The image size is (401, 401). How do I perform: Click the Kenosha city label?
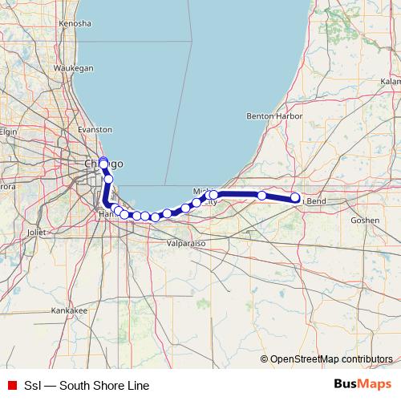(75, 24)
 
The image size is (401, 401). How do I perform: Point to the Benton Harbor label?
(275, 116)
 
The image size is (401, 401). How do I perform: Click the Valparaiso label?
(187, 241)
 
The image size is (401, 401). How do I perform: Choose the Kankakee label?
(69, 310)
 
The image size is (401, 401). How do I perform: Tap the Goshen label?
(364, 219)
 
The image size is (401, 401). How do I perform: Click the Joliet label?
(37, 233)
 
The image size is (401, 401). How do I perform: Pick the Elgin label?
(8, 132)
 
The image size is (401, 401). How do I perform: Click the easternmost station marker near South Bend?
(295, 197)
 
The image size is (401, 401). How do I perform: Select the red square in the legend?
(12, 386)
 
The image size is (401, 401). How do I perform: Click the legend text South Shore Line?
(87, 386)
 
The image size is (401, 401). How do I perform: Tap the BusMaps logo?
(363, 386)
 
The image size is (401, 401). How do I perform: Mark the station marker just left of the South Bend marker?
(261, 196)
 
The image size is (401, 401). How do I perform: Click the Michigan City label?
(205, 196)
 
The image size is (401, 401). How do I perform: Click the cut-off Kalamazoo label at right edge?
(391, 82)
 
